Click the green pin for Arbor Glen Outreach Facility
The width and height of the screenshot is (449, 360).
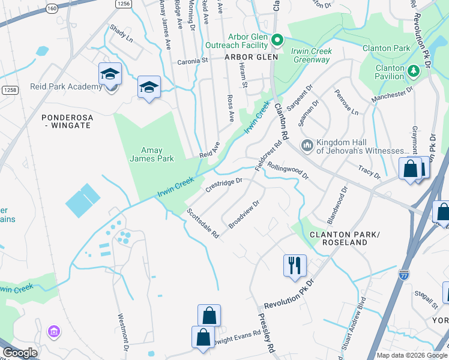[x=277, y=40]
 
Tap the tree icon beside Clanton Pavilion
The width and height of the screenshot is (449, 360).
[x=413, y=71]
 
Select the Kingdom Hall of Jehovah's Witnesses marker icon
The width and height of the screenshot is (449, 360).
[x=307, y=145]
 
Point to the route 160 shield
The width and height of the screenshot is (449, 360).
[x=52, y=8]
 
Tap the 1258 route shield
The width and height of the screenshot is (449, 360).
[x=8, y=89]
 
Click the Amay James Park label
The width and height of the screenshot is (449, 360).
[x=152, y=154]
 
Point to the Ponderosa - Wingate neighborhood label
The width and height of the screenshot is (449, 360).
[x=66, y=121]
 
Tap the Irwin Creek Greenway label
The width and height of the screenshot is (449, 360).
[x=312, y=55]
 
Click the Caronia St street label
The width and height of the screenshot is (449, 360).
[x=192, y=61]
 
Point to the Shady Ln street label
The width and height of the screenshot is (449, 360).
[x=121, y=32]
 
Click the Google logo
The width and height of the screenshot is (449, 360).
[x=20, y=353]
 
